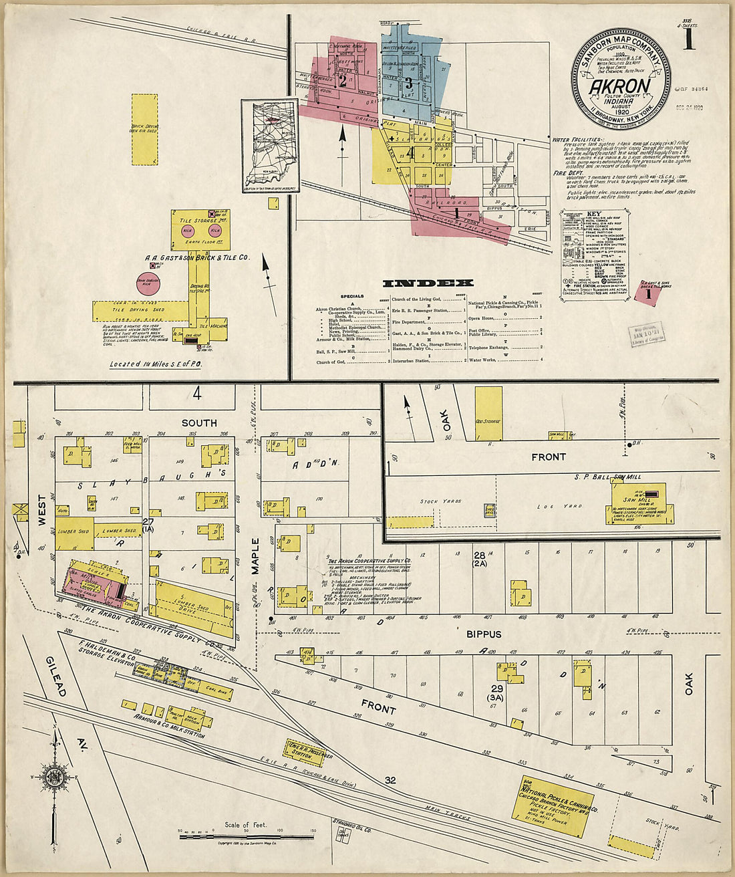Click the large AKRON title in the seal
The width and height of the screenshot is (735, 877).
[620, 86]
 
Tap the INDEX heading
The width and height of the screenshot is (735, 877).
[428, 283]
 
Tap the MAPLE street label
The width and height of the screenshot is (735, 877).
[255, 555]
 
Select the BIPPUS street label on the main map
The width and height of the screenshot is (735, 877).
[484, 634]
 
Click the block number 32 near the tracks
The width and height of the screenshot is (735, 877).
[390, 780]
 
